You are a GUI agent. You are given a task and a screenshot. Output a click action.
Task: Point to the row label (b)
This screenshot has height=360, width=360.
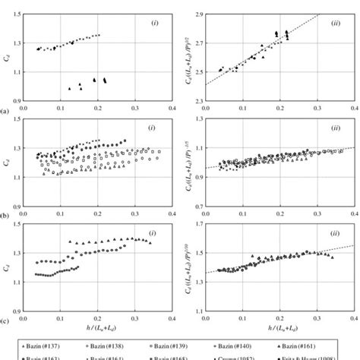coord(5,216)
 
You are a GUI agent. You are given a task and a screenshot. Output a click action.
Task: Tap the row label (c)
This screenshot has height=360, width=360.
coord(5,321)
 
